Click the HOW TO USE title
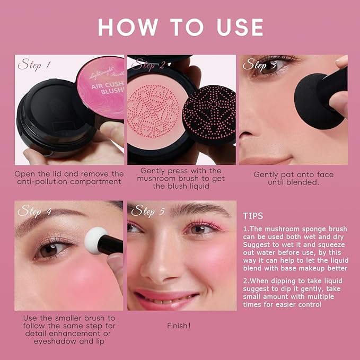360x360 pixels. [180, 27]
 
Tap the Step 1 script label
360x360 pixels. [34, 65]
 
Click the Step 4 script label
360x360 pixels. [34, 211]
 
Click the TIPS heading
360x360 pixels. [252, 216]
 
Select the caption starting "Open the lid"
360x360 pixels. [69, 178]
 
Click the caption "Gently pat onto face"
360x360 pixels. [293, 178]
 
